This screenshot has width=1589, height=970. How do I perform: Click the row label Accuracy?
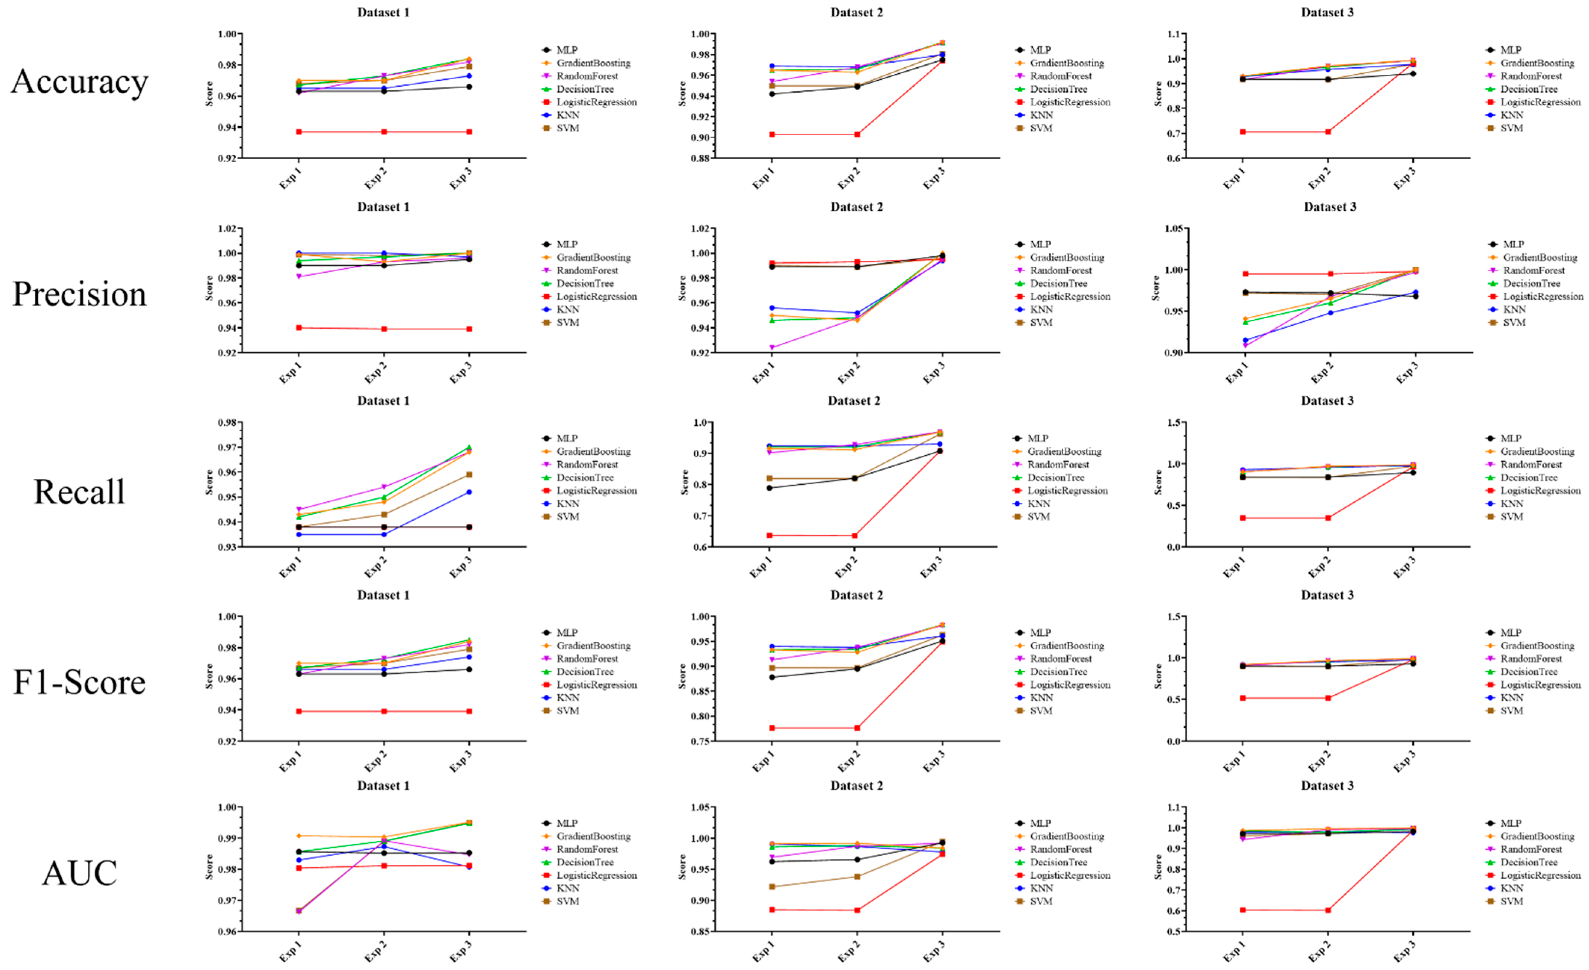[79, 82]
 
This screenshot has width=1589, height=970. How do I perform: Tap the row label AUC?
[79, 873]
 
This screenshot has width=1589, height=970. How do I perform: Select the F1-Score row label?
[79, 682]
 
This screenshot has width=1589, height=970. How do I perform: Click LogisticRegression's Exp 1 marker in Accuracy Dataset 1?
[299, 132]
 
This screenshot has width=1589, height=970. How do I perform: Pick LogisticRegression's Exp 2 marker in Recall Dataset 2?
[854, 536]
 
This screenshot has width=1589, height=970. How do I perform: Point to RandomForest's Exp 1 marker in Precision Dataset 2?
[772, 347]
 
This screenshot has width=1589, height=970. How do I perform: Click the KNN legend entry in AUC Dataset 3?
[1511, 888]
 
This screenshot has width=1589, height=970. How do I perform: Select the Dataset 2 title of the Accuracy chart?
[856, 12]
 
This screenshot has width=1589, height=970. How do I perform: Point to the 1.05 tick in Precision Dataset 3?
[1173, 229]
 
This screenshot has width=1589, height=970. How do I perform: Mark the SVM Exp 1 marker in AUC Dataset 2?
[772, 886]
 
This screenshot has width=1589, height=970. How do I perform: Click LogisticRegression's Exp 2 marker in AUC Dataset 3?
[1328, 910]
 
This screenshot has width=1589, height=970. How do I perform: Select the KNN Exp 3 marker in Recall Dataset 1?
[469, 492]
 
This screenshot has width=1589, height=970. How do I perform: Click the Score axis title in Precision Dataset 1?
[209, 288]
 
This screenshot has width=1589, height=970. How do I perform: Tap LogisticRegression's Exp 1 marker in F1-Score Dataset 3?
[1243, 698]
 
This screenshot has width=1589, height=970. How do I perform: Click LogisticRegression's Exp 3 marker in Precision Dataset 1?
[469, 329]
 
